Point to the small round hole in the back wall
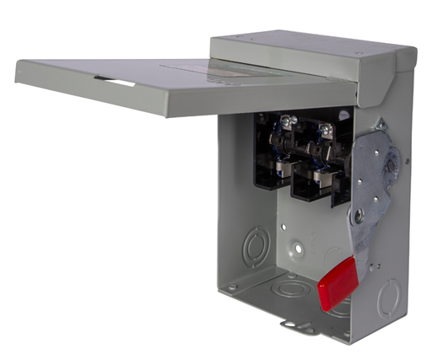297,249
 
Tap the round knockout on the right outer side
387,298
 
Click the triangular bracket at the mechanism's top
379,125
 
